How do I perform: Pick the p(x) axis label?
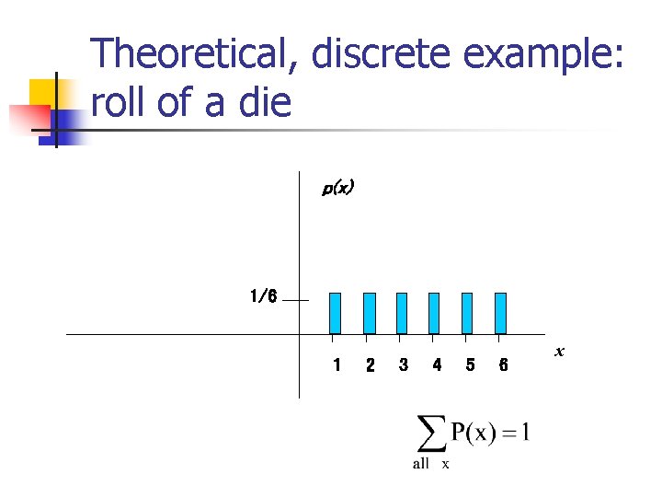[337, 188]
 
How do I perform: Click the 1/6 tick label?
[262, 296]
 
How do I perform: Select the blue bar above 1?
[336, 313]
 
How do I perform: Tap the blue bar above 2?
[370, 313]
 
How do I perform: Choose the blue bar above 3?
[402, 313]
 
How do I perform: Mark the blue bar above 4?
[435, 313]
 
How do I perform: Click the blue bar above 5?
[467, 313]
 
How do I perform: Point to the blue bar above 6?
[500, 313]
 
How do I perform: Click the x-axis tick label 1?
[337, 365]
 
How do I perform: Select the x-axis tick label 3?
[403, 365]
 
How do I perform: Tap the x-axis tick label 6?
[503, 365]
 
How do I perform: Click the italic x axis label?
[559, 352]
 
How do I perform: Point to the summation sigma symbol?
[428, 433]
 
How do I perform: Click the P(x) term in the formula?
[473, 432]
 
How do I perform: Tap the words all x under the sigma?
[430, 464]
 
